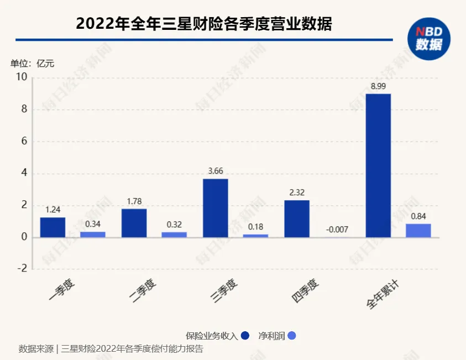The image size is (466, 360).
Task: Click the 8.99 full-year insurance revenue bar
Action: pos(378,165)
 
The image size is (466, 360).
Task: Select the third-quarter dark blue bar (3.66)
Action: pos(215,208)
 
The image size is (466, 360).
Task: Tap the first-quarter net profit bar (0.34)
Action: pos(92,234)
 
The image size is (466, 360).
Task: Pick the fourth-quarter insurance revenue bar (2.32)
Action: pos(297,218)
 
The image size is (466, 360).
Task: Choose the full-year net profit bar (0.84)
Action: pos(418,231)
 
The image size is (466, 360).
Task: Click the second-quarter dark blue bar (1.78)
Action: pos(134,223)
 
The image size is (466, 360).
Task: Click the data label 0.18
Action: pos(255,226)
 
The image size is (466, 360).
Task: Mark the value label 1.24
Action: pos(53,209)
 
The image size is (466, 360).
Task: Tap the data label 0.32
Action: pos(174,224)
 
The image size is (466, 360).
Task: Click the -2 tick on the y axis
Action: pos(22,269)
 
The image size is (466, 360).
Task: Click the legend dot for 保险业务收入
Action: pos(245,336)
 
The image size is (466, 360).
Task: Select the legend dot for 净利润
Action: pos(292,336)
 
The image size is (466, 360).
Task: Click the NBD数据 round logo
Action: pos(429,38)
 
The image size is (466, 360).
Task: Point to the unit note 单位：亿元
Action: pos(33,64)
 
